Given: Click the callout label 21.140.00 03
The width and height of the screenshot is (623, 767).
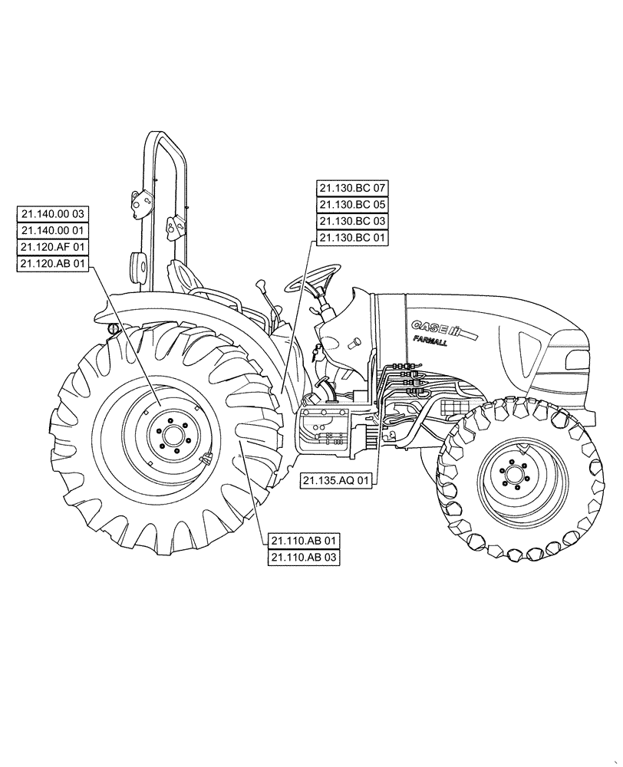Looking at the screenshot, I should click(x=53, y=214).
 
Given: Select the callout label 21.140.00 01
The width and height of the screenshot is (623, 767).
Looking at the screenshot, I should click(x=53, y=231).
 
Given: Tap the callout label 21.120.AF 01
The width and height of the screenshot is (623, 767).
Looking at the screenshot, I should click(x=53, y=248).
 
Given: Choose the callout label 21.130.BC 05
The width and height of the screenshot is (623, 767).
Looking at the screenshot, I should click(x=353, y=205).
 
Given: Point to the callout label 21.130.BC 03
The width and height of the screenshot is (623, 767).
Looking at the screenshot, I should click(x=353, y=221).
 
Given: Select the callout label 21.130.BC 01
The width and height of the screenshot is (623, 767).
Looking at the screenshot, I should click(x=353, y=238).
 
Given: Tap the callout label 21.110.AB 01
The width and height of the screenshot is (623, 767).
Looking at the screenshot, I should click(x=304, y=541).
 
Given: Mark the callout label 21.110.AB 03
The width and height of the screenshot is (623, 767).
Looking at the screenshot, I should click(x=304, y=558).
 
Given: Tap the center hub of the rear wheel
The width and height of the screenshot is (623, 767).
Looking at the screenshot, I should click(x=172, y=437).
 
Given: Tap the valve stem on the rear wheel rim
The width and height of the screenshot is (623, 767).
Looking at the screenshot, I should click(x=206, y=461).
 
